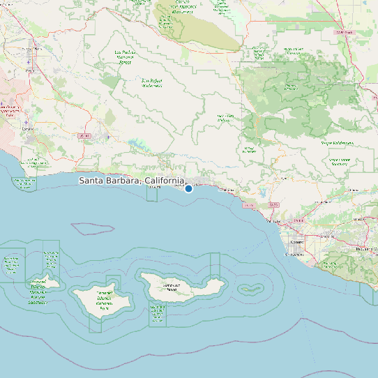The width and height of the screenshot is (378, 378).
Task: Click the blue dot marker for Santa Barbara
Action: coord(188,188)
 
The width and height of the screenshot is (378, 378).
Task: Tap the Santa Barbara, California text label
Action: coord(132,181)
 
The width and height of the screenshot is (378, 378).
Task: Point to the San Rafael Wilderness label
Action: coord(152,82)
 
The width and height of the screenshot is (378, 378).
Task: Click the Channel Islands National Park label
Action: coord(105,300)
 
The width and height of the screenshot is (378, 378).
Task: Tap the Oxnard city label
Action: coord(297,241)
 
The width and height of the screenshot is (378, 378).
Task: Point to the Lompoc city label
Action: coord(29,128)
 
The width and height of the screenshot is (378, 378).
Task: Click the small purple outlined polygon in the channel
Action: coord(93,227)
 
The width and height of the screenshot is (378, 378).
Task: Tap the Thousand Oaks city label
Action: coord(366,248)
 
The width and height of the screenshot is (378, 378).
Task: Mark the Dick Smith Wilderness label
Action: coord(226,118)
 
